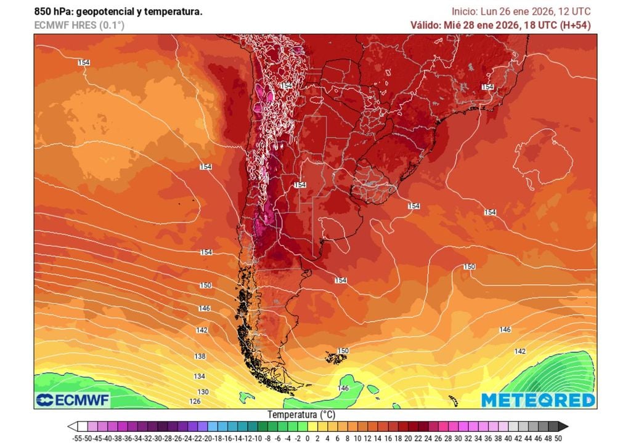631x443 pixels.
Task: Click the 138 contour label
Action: [x=200, y=356]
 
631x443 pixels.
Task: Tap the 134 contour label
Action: [x=200, y=376]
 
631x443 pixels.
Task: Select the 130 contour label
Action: [x=203, y=391]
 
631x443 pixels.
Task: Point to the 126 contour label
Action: [x=195, y=401]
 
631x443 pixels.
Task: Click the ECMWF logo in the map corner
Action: [x=73, y=400]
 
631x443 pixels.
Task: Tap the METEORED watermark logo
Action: [x=538, y=400]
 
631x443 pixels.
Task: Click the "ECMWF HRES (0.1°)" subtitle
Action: [x=79, y=25]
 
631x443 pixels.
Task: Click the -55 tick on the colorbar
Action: [x=78, y=437]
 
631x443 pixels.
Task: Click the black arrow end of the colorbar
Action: [x=563, y=426]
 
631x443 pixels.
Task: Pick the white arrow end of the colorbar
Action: [x=73, y=426]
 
